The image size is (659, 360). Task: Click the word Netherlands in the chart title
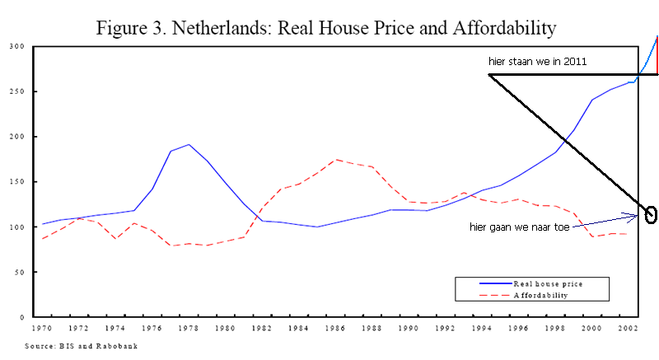218,28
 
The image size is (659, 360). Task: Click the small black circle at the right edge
652,215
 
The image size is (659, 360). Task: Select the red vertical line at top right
657,55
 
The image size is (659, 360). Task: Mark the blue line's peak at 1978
189,145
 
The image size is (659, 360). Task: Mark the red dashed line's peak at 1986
335,160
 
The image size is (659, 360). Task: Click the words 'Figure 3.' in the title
129,28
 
